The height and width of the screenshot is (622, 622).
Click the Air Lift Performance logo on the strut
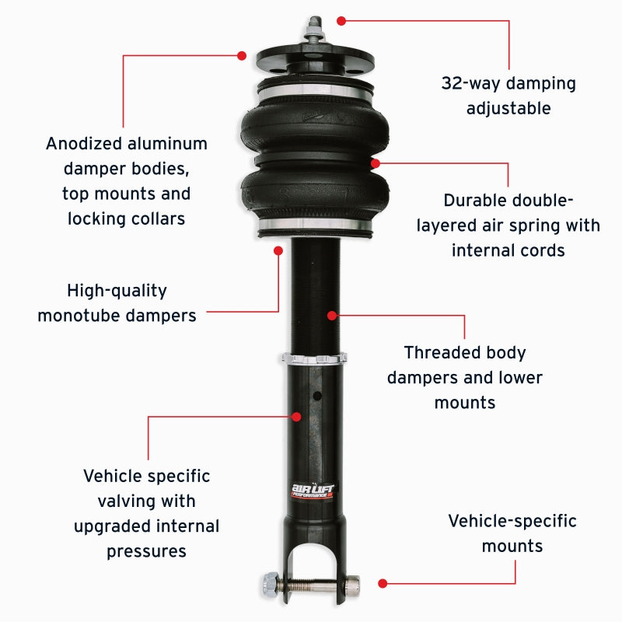(x=312, y=491)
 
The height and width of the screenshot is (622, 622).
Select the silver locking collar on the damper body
(x=315, y=359)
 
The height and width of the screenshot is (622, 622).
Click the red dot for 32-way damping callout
(x=340, y=20)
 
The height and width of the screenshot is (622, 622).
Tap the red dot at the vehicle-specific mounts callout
(x=383, y=582)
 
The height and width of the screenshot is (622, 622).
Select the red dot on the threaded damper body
(x=332, y=316)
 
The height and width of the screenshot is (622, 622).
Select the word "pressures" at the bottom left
(x=147, y=551)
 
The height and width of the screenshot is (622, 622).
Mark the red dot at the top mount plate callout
(x=242, y=55)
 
